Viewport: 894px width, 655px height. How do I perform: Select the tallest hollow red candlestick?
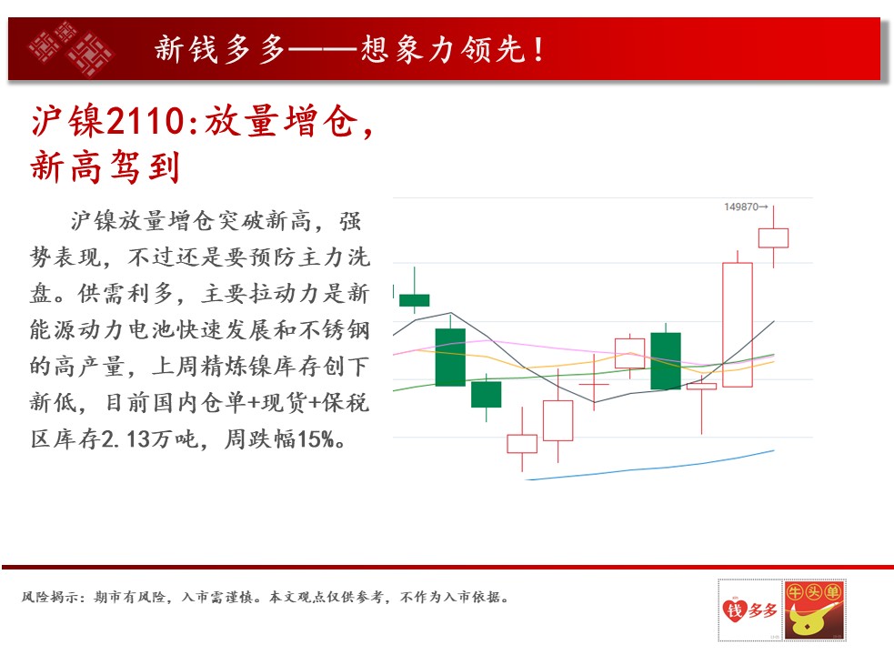pyautogui.click(x=738, y=325)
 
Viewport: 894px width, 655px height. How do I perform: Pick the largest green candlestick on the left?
pyautogui.click(x=450, y=358)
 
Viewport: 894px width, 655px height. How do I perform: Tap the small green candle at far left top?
pyautogui.click(x=415, y=300)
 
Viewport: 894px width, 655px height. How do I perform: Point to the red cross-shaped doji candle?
pyautogui.click(x=594, y=384)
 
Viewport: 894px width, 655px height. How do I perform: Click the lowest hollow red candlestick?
pyautogui.click(x=522, y=443)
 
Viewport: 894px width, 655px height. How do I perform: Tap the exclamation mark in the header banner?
pyautogui.click(x=538, y=50)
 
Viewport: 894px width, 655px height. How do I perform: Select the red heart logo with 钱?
pyautogui.click(x=734, y=610)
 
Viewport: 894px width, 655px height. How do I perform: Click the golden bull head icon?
pyautogui.click(x=814, y=618)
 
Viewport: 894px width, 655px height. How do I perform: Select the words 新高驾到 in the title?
pyautogui.click(x=105, y=167)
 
